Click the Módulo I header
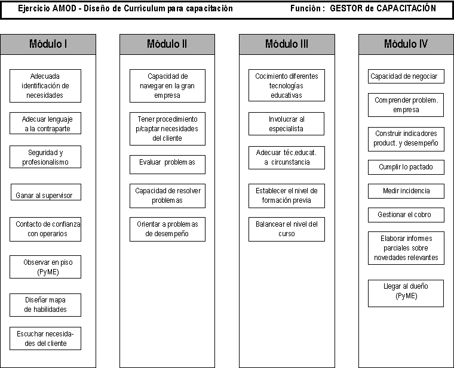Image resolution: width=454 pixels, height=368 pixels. pyautogui.click(x=48, y=44)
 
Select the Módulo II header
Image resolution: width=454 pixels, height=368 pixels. pyautogui.click(x=167, y=44)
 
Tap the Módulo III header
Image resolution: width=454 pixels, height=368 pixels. pyautogui.click(x=287, y=44)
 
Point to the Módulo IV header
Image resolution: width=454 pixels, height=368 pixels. pyautogui.click(x=406, y=44)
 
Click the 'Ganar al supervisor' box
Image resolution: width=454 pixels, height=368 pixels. pyautogui.click(x=46, y=192)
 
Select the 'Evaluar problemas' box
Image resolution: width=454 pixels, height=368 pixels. pyautogui.click(x=167, y=165)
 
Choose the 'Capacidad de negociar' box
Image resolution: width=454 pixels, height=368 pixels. pyautogui.click(x=406, y=76)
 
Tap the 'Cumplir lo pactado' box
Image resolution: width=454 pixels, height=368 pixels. pyautogui.click(x=406, y=167)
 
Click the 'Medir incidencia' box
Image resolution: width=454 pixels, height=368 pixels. pyautogui.click(x=406, y=191)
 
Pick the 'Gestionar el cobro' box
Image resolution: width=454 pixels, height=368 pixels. pyautogui.click(x=406, y=215)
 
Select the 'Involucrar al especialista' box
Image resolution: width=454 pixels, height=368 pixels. pyautogui.click(x=286, y=123)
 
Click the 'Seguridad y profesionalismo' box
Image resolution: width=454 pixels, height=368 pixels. pyautogui.click(x=45, y=157)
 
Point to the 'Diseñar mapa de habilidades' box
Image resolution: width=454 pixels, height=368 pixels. pyautogui.click(x=45, y=305)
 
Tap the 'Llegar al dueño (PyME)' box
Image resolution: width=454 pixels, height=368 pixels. pyautogui.click(x=406, y=293)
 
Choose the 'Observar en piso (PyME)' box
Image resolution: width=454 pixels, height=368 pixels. pyautogui.click(x=45, y=267)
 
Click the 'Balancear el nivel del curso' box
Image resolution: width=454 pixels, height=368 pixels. pyautogui.click(x=287, y=229)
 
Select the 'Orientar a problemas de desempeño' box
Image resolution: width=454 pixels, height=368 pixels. pyautogui.click(x=167, y=229)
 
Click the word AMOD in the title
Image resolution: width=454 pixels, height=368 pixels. pyautogui.click(x=65, y=8)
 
